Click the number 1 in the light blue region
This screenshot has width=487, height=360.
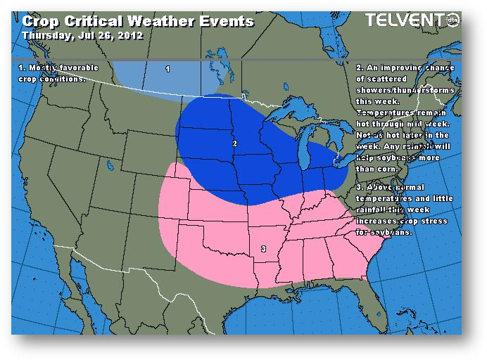pos(167,69)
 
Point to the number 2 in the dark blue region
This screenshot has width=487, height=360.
pos(234,144)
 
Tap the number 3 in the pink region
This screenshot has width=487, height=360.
pos(263,249)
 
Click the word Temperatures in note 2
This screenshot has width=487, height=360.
pos(386,113)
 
